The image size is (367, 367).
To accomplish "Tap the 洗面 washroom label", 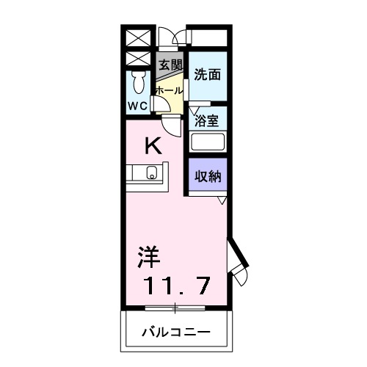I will click(x=207, y=73).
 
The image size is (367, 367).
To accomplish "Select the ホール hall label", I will click(x=169, y=90).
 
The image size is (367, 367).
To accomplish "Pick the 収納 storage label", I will click(x=207, y=176).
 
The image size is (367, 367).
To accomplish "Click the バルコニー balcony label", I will click(x=175, y=333).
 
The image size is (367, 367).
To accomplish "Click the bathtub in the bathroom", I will click(x=207, y=142).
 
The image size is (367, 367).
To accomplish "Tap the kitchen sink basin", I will click(x=152, y=173).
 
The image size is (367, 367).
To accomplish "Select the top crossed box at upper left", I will click(x=137, y=37).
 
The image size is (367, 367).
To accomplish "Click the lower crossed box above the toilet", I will click(x=137, y=58).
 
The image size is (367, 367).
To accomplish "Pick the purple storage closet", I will click(x=207, y=176).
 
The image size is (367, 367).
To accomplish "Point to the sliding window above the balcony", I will click(x=175, y=306).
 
